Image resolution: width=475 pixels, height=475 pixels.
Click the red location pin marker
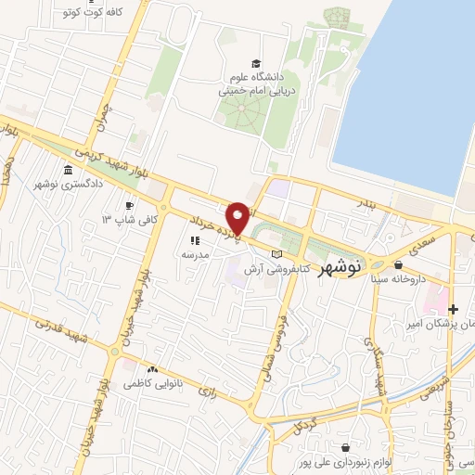(237, 218)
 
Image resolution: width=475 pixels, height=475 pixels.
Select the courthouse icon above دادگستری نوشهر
(70, 171)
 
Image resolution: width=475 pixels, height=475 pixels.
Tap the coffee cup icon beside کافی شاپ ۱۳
(130, 205)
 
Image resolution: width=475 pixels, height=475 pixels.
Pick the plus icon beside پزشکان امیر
(453, 309)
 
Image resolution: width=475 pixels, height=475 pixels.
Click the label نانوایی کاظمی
(148, 382)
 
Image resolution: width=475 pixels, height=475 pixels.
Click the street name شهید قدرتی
(58, 331)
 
